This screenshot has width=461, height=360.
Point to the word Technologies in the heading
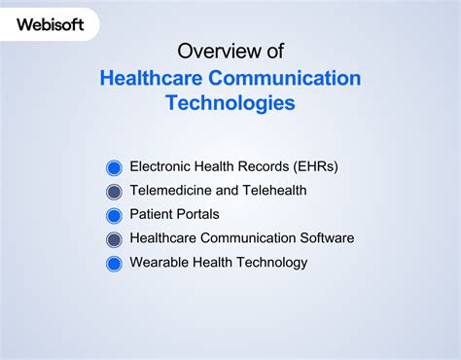pos(230,103)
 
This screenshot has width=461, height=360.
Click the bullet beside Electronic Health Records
pos(114,167)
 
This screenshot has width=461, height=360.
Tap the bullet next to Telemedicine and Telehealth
pos(114,192)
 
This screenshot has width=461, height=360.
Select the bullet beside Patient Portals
pos(114,215)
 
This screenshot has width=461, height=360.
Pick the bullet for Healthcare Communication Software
pos(114,239)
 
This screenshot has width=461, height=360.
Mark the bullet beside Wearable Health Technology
pos(114,263)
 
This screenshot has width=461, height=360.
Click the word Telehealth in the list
pos(274,191)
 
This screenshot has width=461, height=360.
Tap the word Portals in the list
pos(197,214)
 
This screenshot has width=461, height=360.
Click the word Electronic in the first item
pos(161,166)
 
